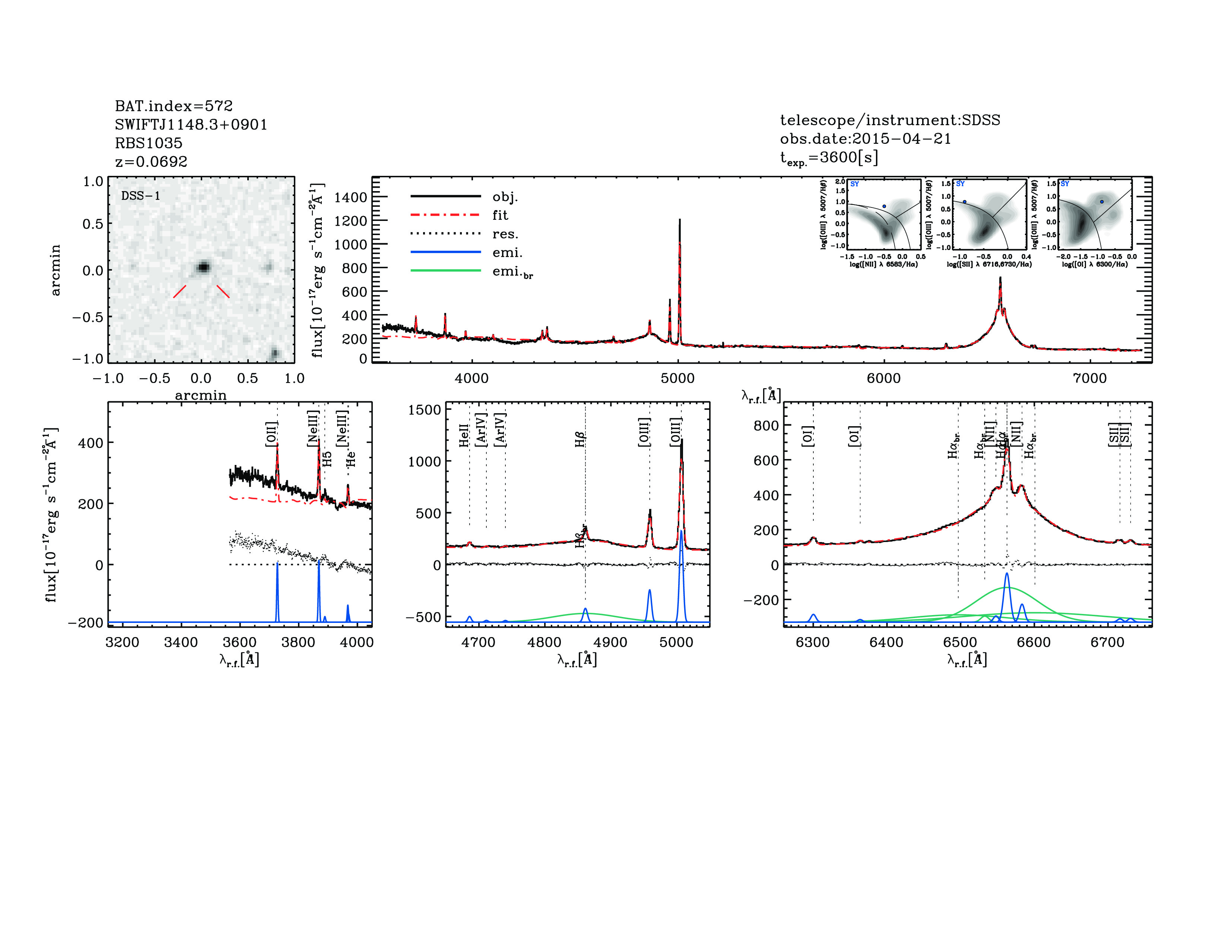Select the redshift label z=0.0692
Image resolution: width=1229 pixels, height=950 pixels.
[x=151, y=162]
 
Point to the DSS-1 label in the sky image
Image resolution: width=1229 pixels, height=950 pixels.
[x=141, y=196]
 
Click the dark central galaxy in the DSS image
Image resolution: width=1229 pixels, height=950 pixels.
[x=203, y=267]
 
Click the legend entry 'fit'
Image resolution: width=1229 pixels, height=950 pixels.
[x=500, y=215]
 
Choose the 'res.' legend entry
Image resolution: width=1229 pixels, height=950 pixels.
[x=505, y=234]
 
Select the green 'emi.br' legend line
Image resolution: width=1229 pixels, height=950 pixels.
[x=446, y=271]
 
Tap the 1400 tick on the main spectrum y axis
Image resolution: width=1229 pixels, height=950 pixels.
[x=350, y=197]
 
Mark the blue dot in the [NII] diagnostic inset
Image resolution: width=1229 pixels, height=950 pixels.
[x=884, y=206]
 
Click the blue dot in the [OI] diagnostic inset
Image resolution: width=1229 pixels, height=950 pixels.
[x=1101, y=202]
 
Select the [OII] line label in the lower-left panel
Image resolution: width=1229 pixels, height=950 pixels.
[x=271, y=434]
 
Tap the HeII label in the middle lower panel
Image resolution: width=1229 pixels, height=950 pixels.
[x=464, y=436]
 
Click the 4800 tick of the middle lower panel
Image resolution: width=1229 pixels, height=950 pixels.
[x=544, y=642]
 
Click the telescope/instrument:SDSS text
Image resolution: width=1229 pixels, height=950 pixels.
[x=890, y=120]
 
